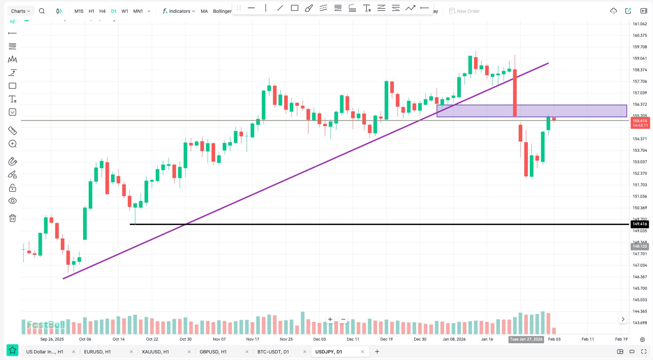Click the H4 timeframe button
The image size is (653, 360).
click(x=102, y=11)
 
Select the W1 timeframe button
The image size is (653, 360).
click(x=125, y=11)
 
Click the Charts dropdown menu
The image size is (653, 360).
click(x=20, y=11)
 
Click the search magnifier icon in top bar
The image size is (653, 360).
click(x=42, y=11)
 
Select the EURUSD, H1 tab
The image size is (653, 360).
click(x=97, y=351)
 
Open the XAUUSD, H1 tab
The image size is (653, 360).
click(x=155, y=351)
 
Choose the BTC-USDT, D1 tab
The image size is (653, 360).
click(x=273, y=351)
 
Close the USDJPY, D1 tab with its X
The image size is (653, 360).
click(x=363, y=351)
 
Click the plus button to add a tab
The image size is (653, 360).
click(x=377, y=351)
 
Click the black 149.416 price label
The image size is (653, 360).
click(x=639, y=224)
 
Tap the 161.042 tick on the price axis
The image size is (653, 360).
click(x=639, y=24)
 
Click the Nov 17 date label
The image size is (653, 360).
click(x=252, y=339)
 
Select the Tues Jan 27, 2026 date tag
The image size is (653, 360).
click(x=526, y=339)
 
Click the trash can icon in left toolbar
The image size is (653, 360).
click(x=13, y=218)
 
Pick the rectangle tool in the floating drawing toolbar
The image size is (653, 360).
click(x=295, y=8)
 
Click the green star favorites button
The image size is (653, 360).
click(x=13, y=350)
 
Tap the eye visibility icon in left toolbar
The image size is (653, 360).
click(x=13, y=201)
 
